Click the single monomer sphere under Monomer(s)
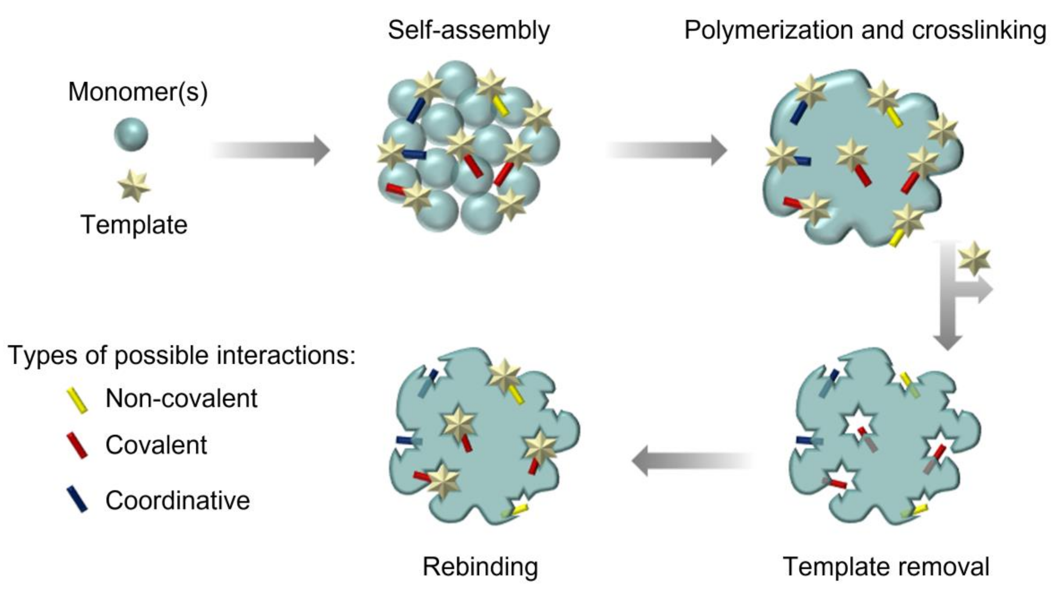[x=131, y=135]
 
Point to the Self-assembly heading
[x=469, y=30]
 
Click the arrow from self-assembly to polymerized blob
[x=667, y=150]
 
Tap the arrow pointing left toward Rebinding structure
[x=692, y=461]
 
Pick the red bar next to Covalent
[x=77, y=445]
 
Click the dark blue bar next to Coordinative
[x=77, y=499]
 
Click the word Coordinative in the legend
[x=177, y=500]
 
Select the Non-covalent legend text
[x=181, y=398]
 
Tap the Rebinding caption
[x=480, y=567]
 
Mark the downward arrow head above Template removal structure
[x=947, y=342]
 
